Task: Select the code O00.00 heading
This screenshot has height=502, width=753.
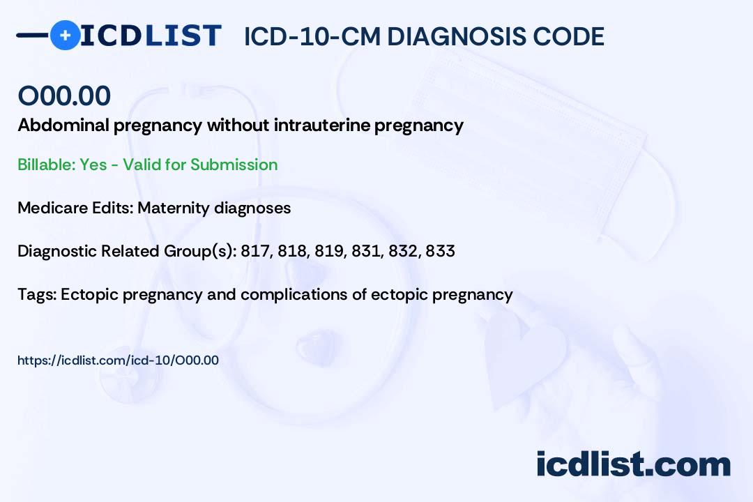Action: pos(64,96)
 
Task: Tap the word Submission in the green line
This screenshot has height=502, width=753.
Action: pos(234,165)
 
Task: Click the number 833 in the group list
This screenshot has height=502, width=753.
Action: pos(440,251)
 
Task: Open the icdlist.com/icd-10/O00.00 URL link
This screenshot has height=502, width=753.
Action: pos(118,360)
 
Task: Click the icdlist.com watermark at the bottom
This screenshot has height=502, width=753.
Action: pos(633,464)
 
